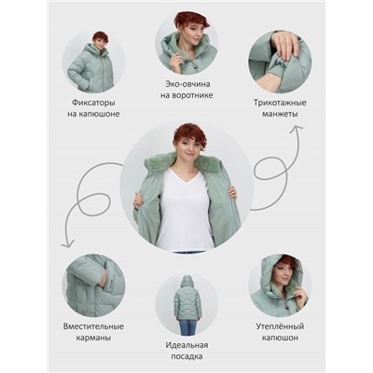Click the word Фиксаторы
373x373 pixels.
point(93,103)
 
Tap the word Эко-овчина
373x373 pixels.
point(187,84)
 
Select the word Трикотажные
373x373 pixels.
point(280,103)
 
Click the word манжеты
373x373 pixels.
point(280,114)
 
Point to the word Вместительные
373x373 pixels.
point(93,326)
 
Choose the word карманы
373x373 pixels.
point(93,338)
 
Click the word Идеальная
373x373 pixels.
point(186,345)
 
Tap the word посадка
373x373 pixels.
point(186,356)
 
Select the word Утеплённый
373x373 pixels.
point(280,326)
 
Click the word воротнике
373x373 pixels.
point(186,95)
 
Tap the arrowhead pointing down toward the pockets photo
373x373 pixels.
point(68,244)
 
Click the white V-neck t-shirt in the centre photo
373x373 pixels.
point(185,212)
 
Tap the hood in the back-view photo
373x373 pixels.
point(186,281)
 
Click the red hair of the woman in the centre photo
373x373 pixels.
point(189,135)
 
